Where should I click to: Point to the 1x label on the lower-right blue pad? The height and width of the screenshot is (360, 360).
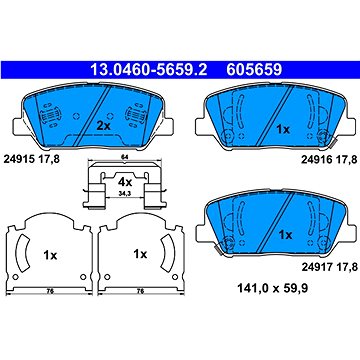[x=285, y=234]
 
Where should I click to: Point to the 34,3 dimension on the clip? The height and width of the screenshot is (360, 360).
[x=127, y=194]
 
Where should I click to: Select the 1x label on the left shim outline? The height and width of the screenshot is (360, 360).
[x=47, y=255]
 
